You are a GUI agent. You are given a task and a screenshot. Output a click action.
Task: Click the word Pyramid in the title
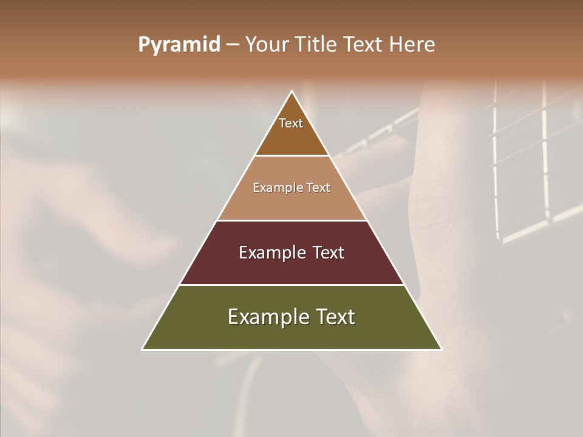tap(179, 45)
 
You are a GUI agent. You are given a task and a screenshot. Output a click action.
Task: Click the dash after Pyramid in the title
tap(233, 45)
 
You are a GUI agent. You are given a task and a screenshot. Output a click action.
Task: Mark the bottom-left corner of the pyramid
tap(143, 349)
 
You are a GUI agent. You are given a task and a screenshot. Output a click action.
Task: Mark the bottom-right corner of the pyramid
tap(441, 349)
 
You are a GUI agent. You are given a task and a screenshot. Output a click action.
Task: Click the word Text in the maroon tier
tap(324, 252)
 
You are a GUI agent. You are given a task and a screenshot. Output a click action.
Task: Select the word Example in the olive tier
tap(268, 317)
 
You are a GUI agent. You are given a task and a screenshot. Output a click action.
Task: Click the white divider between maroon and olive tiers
tap(291, 285)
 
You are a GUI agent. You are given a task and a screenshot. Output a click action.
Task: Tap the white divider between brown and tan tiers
tap(291, 156)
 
